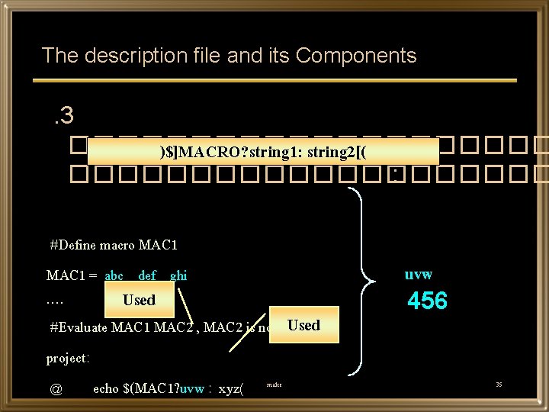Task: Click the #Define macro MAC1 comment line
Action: [114, 245]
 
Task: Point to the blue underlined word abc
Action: [114, 275]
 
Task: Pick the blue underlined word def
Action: [147, 275]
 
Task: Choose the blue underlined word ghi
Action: [178, 275]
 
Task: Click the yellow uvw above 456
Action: [419, 274]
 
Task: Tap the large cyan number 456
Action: [427, 301]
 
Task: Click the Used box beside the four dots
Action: [139, 300]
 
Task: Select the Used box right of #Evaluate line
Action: [303, 325]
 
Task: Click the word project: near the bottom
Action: [68, 358]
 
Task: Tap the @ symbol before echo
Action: [56, 388]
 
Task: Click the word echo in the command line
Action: [105, 388]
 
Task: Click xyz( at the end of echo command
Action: [231, 388]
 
